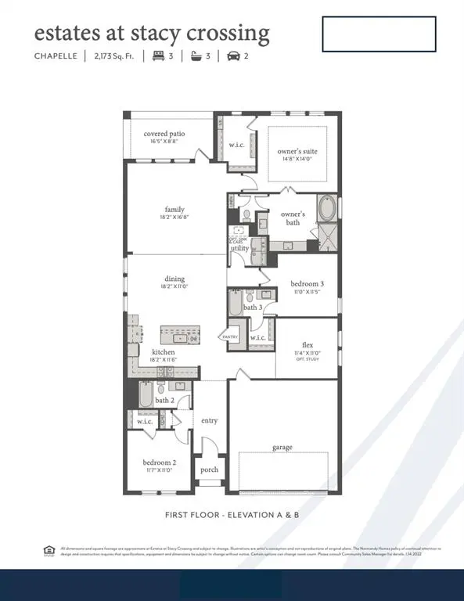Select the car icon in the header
point(233,56)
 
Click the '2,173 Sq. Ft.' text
point(114,56)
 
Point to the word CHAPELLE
point(55,56)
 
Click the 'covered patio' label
point(164,134)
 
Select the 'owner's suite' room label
point(298,151)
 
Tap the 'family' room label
point(174,209)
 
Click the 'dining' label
point(174,279)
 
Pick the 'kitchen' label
point(164,352)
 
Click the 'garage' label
point(282,447)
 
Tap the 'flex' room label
point(308,344)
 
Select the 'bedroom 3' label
point(306,283)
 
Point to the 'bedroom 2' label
point(159,462)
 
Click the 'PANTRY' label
point(230,336)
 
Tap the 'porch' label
point(209,470)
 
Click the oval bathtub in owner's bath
point(326,211)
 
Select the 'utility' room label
point(239,248)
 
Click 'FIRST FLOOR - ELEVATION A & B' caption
point(232,515)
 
